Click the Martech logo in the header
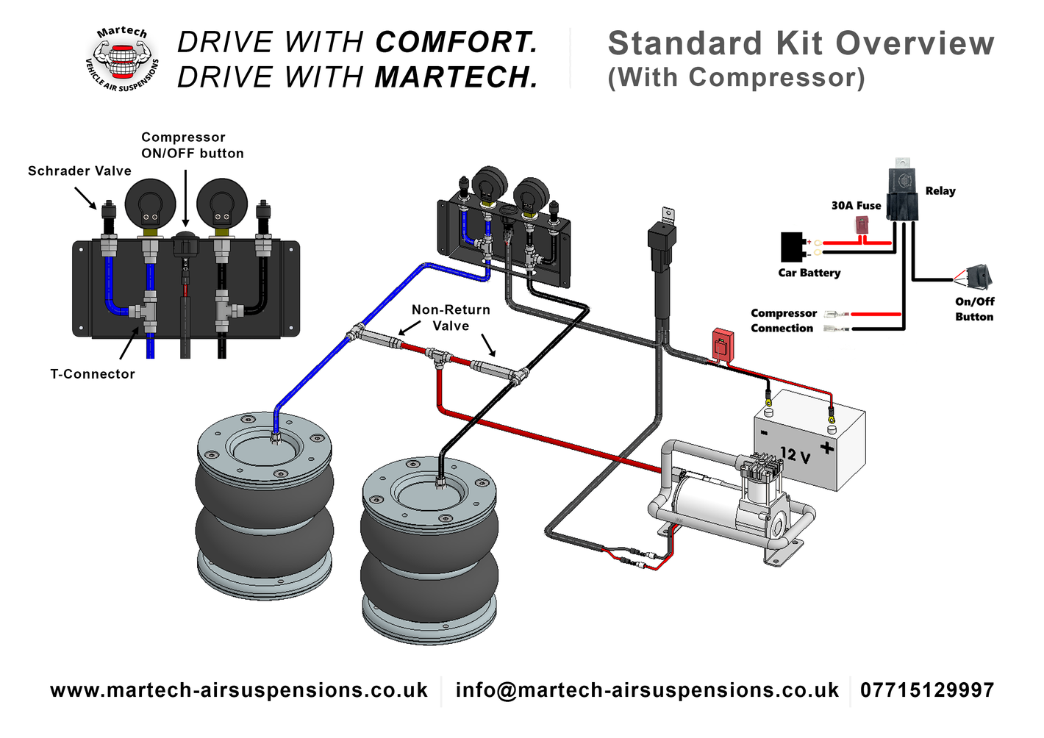(x=123, y=59)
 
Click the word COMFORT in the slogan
(x=457, y=42)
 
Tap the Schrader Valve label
(x=79, y=171)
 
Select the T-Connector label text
(x=93, y=373)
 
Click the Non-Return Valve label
(x=451, y=318)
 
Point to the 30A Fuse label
(x=857, y=206)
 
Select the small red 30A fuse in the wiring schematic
(x=862, y=225)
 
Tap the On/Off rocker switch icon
(x=979, y=276)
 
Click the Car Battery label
(x=809, y=273)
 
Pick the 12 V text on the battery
(x=795, y=454)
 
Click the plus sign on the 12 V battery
(x=827, y=448)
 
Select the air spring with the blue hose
(x=264, y=505)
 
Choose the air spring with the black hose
(x=429, y=551)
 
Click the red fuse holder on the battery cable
(x=723, y=345)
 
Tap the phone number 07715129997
(x=928, y=690)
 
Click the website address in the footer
(x=239, y=690)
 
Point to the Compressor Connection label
(x=783, y=320)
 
